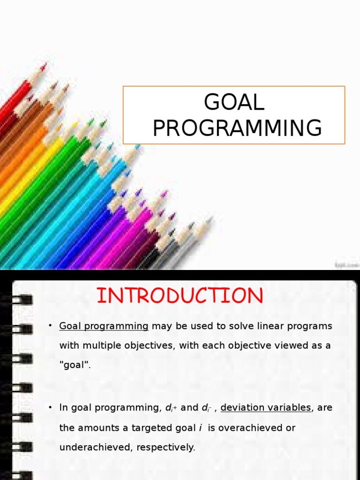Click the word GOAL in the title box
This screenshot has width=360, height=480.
click(x=234, y=102)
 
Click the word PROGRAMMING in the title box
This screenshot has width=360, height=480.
click(x=237, y=127)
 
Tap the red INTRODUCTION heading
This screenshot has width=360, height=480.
click(x=180, y=296)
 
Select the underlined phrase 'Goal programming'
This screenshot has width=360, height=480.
click(x=104, y=326)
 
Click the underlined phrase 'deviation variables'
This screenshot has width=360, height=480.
click(x=266, y=407)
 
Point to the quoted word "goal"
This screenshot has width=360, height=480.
click(x=74, y=366)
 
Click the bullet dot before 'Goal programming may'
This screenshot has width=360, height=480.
click(x=50, y=326)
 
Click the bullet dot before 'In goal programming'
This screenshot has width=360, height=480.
click(x=50, y=407)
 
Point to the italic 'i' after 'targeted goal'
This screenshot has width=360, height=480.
click(x=200, y=428)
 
